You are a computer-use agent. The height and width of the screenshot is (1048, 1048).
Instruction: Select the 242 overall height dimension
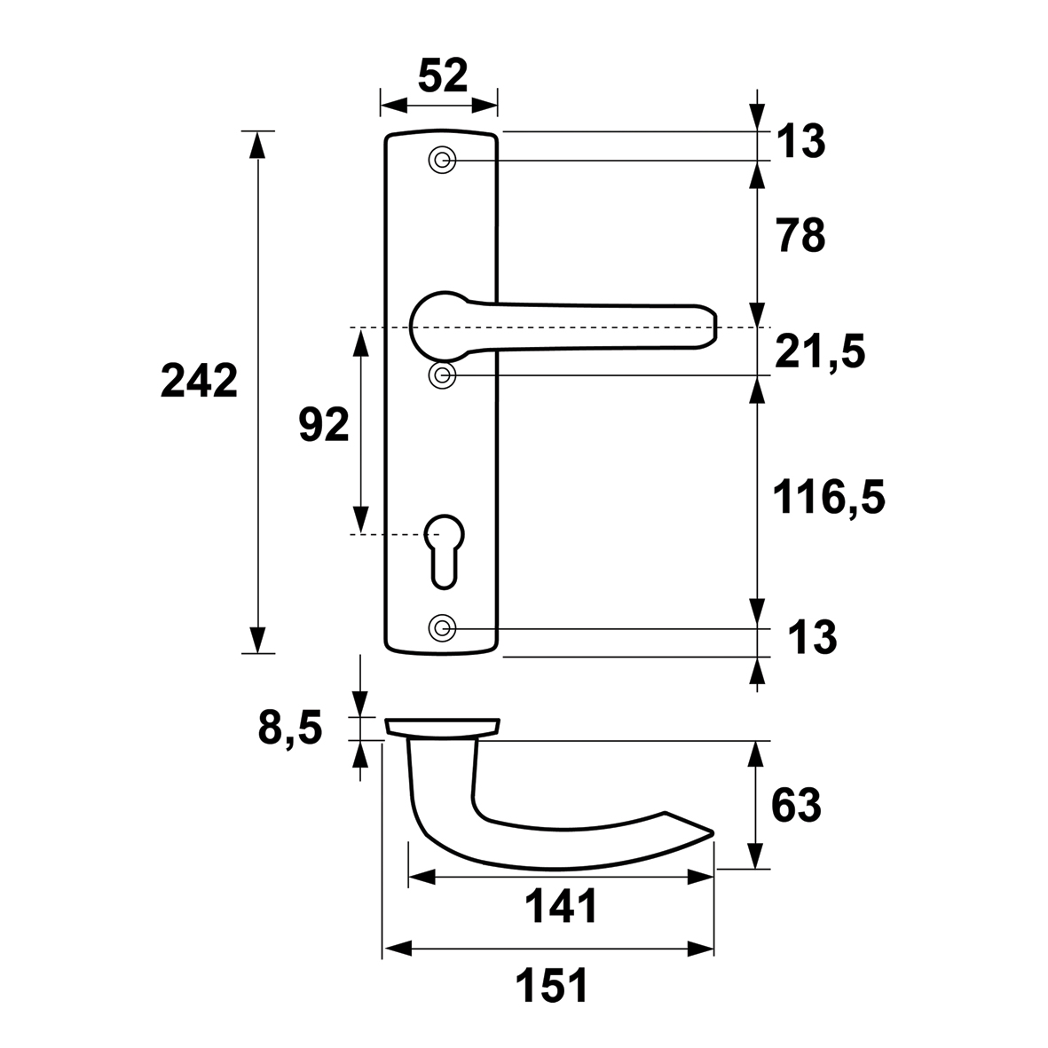199,381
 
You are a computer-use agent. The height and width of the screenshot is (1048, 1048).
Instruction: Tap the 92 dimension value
324,424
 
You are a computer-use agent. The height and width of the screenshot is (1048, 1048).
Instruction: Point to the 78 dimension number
801,236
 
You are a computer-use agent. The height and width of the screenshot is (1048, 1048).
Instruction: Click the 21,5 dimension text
820,352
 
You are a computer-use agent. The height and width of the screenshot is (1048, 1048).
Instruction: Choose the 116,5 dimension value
829,498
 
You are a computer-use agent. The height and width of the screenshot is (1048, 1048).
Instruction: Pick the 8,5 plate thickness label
290,729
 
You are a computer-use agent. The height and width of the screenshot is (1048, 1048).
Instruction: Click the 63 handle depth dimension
796,806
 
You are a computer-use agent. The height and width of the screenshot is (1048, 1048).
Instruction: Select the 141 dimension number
560,907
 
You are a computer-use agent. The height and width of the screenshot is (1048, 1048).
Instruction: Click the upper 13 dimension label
800,142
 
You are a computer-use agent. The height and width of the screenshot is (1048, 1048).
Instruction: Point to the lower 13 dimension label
812,637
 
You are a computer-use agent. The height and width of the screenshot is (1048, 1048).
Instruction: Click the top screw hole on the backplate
442,161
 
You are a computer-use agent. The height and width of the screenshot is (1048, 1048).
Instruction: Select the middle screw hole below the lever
442,375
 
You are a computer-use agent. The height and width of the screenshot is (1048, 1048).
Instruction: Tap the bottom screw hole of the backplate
442,627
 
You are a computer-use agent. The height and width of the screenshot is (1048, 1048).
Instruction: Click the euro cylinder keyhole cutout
444,551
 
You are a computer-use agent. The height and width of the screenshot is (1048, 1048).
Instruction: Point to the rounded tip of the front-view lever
713,327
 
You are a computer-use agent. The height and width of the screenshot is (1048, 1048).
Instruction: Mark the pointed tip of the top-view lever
713,832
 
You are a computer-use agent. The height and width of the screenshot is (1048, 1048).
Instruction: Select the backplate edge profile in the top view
443,727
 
